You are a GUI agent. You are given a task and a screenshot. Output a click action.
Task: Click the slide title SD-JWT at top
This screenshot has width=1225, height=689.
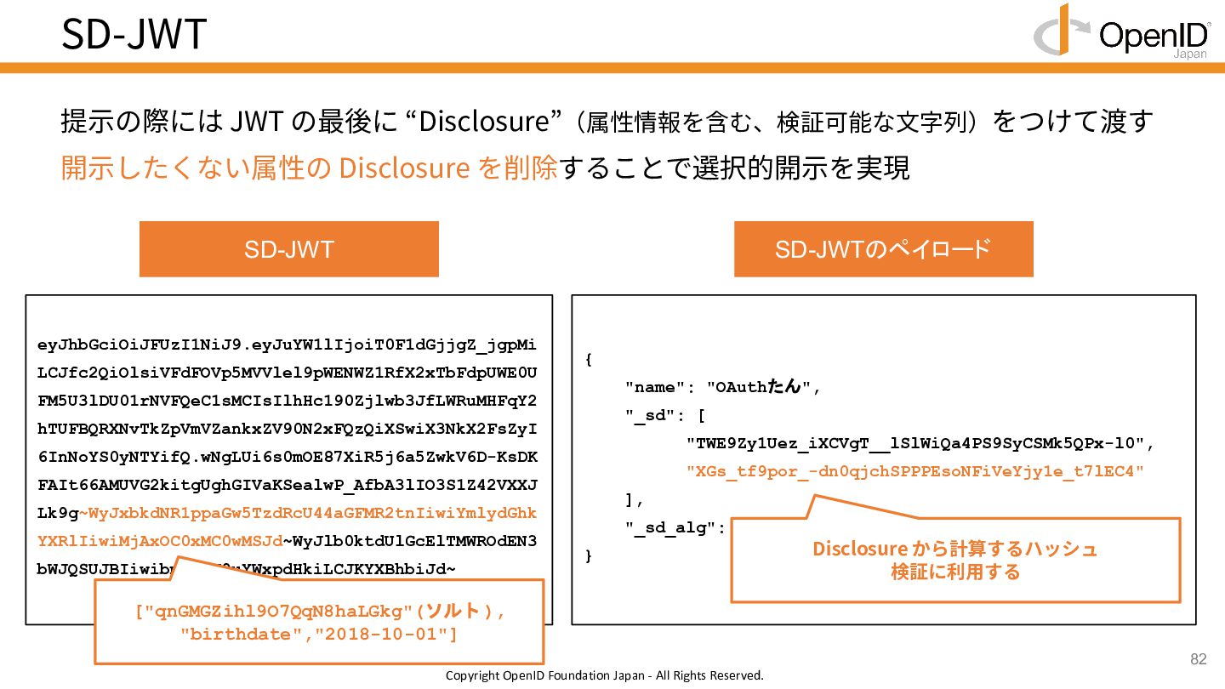tap(134, 34)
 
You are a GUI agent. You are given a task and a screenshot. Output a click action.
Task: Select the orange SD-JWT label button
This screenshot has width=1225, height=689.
tap(288, 249)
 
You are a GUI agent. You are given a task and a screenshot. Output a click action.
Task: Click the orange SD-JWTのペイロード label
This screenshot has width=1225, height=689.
tap(883, 249)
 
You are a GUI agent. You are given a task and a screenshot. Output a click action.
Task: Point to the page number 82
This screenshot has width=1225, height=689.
tap(1198, 660)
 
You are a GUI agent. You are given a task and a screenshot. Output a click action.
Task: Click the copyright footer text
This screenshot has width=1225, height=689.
tap(604, 676)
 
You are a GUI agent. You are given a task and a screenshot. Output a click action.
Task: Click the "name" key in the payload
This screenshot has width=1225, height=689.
tap(654, 388)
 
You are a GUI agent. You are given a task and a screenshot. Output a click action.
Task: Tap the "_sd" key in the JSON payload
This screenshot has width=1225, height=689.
tap(650, 415)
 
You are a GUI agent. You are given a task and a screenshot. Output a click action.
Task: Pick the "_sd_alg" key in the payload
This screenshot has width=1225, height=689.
tap(672, 527)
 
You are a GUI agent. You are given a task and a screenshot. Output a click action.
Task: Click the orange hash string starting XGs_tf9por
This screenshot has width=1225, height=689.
tap(914, 471)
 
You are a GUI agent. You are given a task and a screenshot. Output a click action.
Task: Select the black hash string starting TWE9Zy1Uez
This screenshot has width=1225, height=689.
tap(914, 443)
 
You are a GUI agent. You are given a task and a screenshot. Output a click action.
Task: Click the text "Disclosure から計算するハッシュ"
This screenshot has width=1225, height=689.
tap(954, 549)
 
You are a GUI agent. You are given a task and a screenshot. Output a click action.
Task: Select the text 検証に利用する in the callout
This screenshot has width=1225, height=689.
tap(954, 572)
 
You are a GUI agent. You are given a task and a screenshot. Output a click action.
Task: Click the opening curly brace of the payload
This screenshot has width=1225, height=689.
tap(589, 360)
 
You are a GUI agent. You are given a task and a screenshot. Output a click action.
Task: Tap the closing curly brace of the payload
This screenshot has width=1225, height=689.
tap(589, 555)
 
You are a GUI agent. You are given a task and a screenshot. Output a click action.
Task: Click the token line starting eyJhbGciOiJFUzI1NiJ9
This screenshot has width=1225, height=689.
tap(287, 346)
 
